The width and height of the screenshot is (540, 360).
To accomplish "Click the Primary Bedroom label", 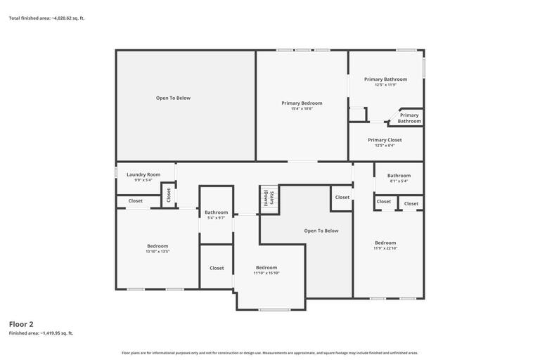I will (302, 103).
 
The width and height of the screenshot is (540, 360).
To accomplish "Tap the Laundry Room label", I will (143, 174).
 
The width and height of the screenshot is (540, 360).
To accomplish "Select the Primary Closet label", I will (385, 140).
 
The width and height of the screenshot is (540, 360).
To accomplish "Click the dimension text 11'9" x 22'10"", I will (385, 248).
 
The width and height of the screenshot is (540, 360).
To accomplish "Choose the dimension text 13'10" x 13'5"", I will (157, 251).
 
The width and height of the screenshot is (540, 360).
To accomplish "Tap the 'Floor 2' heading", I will (21, 324).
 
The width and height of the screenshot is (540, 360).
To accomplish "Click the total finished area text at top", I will (46, 18).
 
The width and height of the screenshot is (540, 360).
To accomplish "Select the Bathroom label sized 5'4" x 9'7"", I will (216, 212).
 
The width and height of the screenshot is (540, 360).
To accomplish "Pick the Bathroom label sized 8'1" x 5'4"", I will (399, 176).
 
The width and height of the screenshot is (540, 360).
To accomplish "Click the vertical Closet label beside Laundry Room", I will (168, 195).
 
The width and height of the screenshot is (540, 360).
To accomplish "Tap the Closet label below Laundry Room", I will (135, 201).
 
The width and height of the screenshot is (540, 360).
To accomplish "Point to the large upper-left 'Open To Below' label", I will (173, 98).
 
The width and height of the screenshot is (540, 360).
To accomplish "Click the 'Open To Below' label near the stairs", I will (321, 231).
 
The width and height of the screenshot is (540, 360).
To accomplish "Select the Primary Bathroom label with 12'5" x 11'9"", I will (385, 79).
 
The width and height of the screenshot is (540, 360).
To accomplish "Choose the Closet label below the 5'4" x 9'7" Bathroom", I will (217, 268).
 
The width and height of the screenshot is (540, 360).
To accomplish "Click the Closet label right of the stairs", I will (342, 198).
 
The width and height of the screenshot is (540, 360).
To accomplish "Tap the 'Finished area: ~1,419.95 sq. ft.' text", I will (41, 333).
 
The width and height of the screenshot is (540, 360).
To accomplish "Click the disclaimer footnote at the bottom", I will (270, 353).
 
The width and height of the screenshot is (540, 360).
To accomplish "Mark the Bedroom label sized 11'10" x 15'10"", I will (266, 268).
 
